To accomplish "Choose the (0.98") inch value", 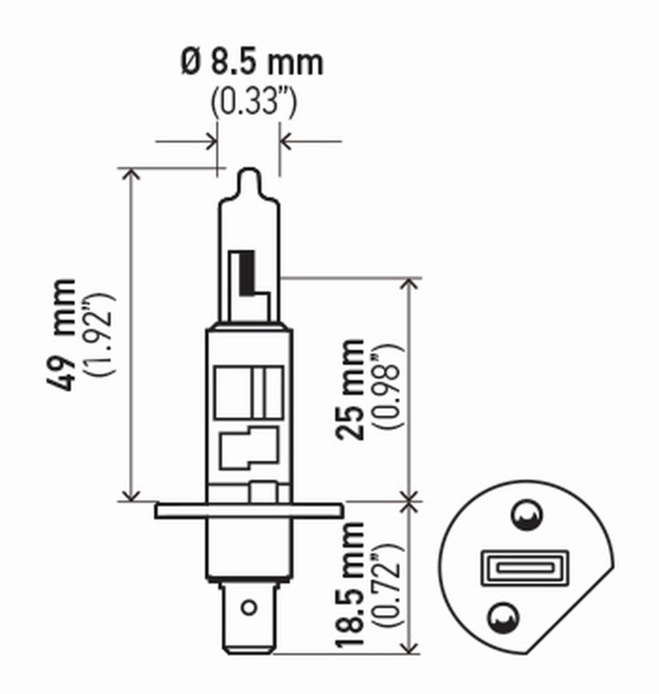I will point(390,389).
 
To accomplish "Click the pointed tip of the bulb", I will point(249,174).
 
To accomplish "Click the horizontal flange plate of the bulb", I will point(248,510).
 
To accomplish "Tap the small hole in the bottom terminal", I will point(248,609).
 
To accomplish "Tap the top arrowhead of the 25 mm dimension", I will point(409,283).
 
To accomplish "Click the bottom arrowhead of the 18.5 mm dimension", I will point(409,650).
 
